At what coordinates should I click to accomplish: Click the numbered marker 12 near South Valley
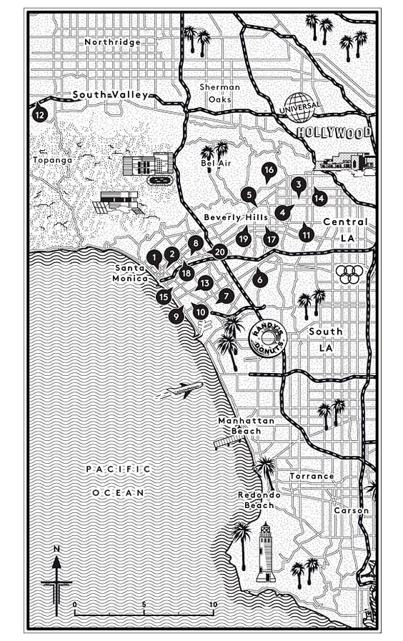point(39,113)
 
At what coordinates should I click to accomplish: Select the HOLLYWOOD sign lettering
point(334,133)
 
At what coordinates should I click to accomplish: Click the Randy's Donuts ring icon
point(267,337)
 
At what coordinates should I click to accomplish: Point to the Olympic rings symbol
point(347,274)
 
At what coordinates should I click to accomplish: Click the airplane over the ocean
point(184,389)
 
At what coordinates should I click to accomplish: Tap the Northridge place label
point(113,42)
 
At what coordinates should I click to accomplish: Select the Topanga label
point(53,160)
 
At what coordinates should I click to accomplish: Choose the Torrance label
point(312,476)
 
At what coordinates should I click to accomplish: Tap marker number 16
point(269,170)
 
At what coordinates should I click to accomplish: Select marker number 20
point(219,251)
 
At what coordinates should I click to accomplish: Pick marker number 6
point(259,279)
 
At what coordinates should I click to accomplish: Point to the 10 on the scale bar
point(212,604)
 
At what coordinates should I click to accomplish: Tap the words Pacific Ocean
point(118,481)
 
